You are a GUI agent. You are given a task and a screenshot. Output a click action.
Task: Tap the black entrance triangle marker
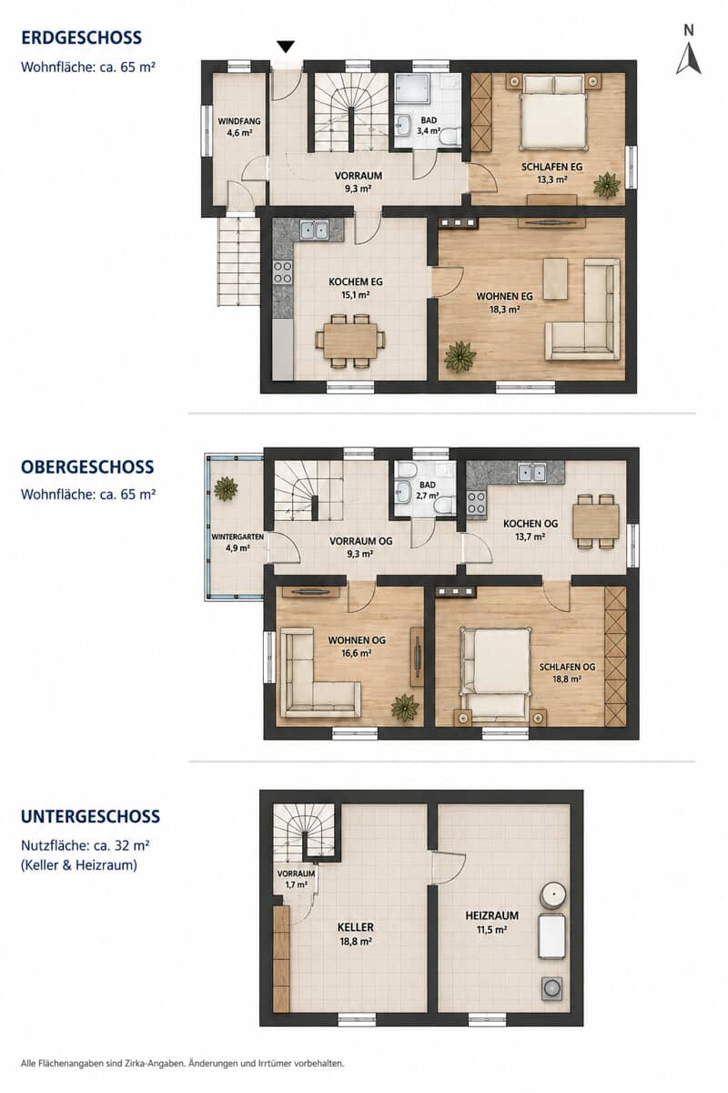286,46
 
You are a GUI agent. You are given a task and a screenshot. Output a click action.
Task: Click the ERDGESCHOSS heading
81,37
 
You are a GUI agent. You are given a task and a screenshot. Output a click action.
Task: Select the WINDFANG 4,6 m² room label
239,127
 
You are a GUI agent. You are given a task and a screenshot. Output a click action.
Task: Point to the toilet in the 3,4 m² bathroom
450,135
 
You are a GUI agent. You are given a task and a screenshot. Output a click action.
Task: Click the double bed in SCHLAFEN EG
552,111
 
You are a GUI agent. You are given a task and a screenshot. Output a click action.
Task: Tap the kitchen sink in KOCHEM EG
314,230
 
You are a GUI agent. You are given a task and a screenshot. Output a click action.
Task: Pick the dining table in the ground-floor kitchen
350,341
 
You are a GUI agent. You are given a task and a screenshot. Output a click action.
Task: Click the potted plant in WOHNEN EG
460,356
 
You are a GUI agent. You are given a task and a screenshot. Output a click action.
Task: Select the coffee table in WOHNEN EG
555,278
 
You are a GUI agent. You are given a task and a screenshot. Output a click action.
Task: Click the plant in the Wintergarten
226,488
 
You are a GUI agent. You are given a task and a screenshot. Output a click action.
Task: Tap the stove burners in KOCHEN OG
477,503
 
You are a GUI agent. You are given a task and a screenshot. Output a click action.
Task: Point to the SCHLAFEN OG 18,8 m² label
567,672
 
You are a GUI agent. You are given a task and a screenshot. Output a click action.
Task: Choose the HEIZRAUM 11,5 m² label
491,922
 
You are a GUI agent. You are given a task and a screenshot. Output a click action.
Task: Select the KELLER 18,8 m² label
356,934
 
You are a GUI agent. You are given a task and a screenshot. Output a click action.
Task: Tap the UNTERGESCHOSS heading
91,816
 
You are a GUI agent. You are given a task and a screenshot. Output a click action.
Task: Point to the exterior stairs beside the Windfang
238,261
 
